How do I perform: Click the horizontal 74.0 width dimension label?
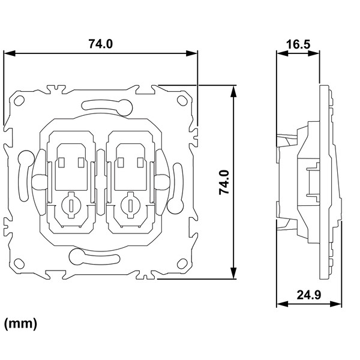(x=101, y=44)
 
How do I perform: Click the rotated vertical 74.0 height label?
(x=224, y=182)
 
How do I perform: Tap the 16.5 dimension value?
(x=298, y=44)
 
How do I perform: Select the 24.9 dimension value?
(x=309, y=295)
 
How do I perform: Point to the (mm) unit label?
(x=20, y=324)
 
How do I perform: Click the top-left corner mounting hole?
(x=19, y=101)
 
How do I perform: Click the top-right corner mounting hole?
(x=182, y=101)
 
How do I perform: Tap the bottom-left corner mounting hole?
(x=19, y=263)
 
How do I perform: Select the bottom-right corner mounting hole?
(x=182, y=263)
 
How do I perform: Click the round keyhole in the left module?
(x=71, y=205)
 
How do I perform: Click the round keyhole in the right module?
(x=131, y=205)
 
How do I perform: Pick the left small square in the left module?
(x=61, y=163)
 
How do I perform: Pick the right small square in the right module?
(x=140, y=163)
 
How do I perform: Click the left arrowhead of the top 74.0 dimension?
(x=10, y=53)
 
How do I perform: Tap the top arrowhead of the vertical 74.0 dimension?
(x=233, y=92)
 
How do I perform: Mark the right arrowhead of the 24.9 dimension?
(x=335, y=304)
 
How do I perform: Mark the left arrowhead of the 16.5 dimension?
(x=283, y=53)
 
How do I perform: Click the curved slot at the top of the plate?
(x=107, y=107)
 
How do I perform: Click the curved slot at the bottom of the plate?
(x=94, y=257)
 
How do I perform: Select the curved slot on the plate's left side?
(x=25, y=175)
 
